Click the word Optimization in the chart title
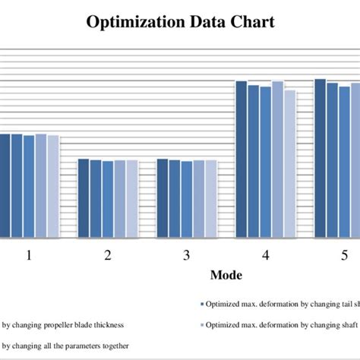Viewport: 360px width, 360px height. click(x=134, y=22)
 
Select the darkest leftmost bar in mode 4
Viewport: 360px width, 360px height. click(x=241, y=159)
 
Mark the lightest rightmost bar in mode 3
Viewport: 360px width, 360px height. click(x=210, y=198)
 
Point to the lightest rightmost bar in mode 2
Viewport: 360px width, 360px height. click(x=132, y=198)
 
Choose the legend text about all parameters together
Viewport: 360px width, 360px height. click(x=64, y=346)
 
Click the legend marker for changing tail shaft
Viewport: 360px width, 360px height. click(x=201, y=302)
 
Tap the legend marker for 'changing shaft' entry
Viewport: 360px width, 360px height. click(x=201, y=324)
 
